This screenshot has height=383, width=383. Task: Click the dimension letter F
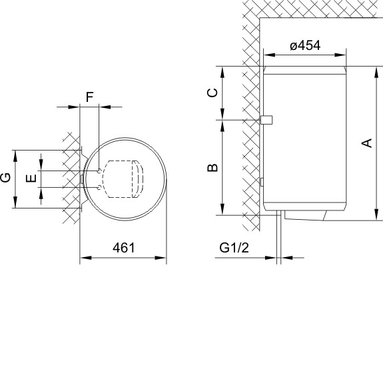90,97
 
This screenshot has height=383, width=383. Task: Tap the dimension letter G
5,178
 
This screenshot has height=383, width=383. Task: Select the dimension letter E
31,178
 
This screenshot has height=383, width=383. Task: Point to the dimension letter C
212,93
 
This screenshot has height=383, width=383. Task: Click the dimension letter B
212,168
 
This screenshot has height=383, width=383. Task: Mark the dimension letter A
366,143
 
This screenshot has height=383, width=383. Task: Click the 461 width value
124,248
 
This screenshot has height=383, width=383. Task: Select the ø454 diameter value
305,45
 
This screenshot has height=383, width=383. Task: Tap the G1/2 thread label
234,247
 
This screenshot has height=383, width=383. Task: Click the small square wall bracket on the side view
266,120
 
